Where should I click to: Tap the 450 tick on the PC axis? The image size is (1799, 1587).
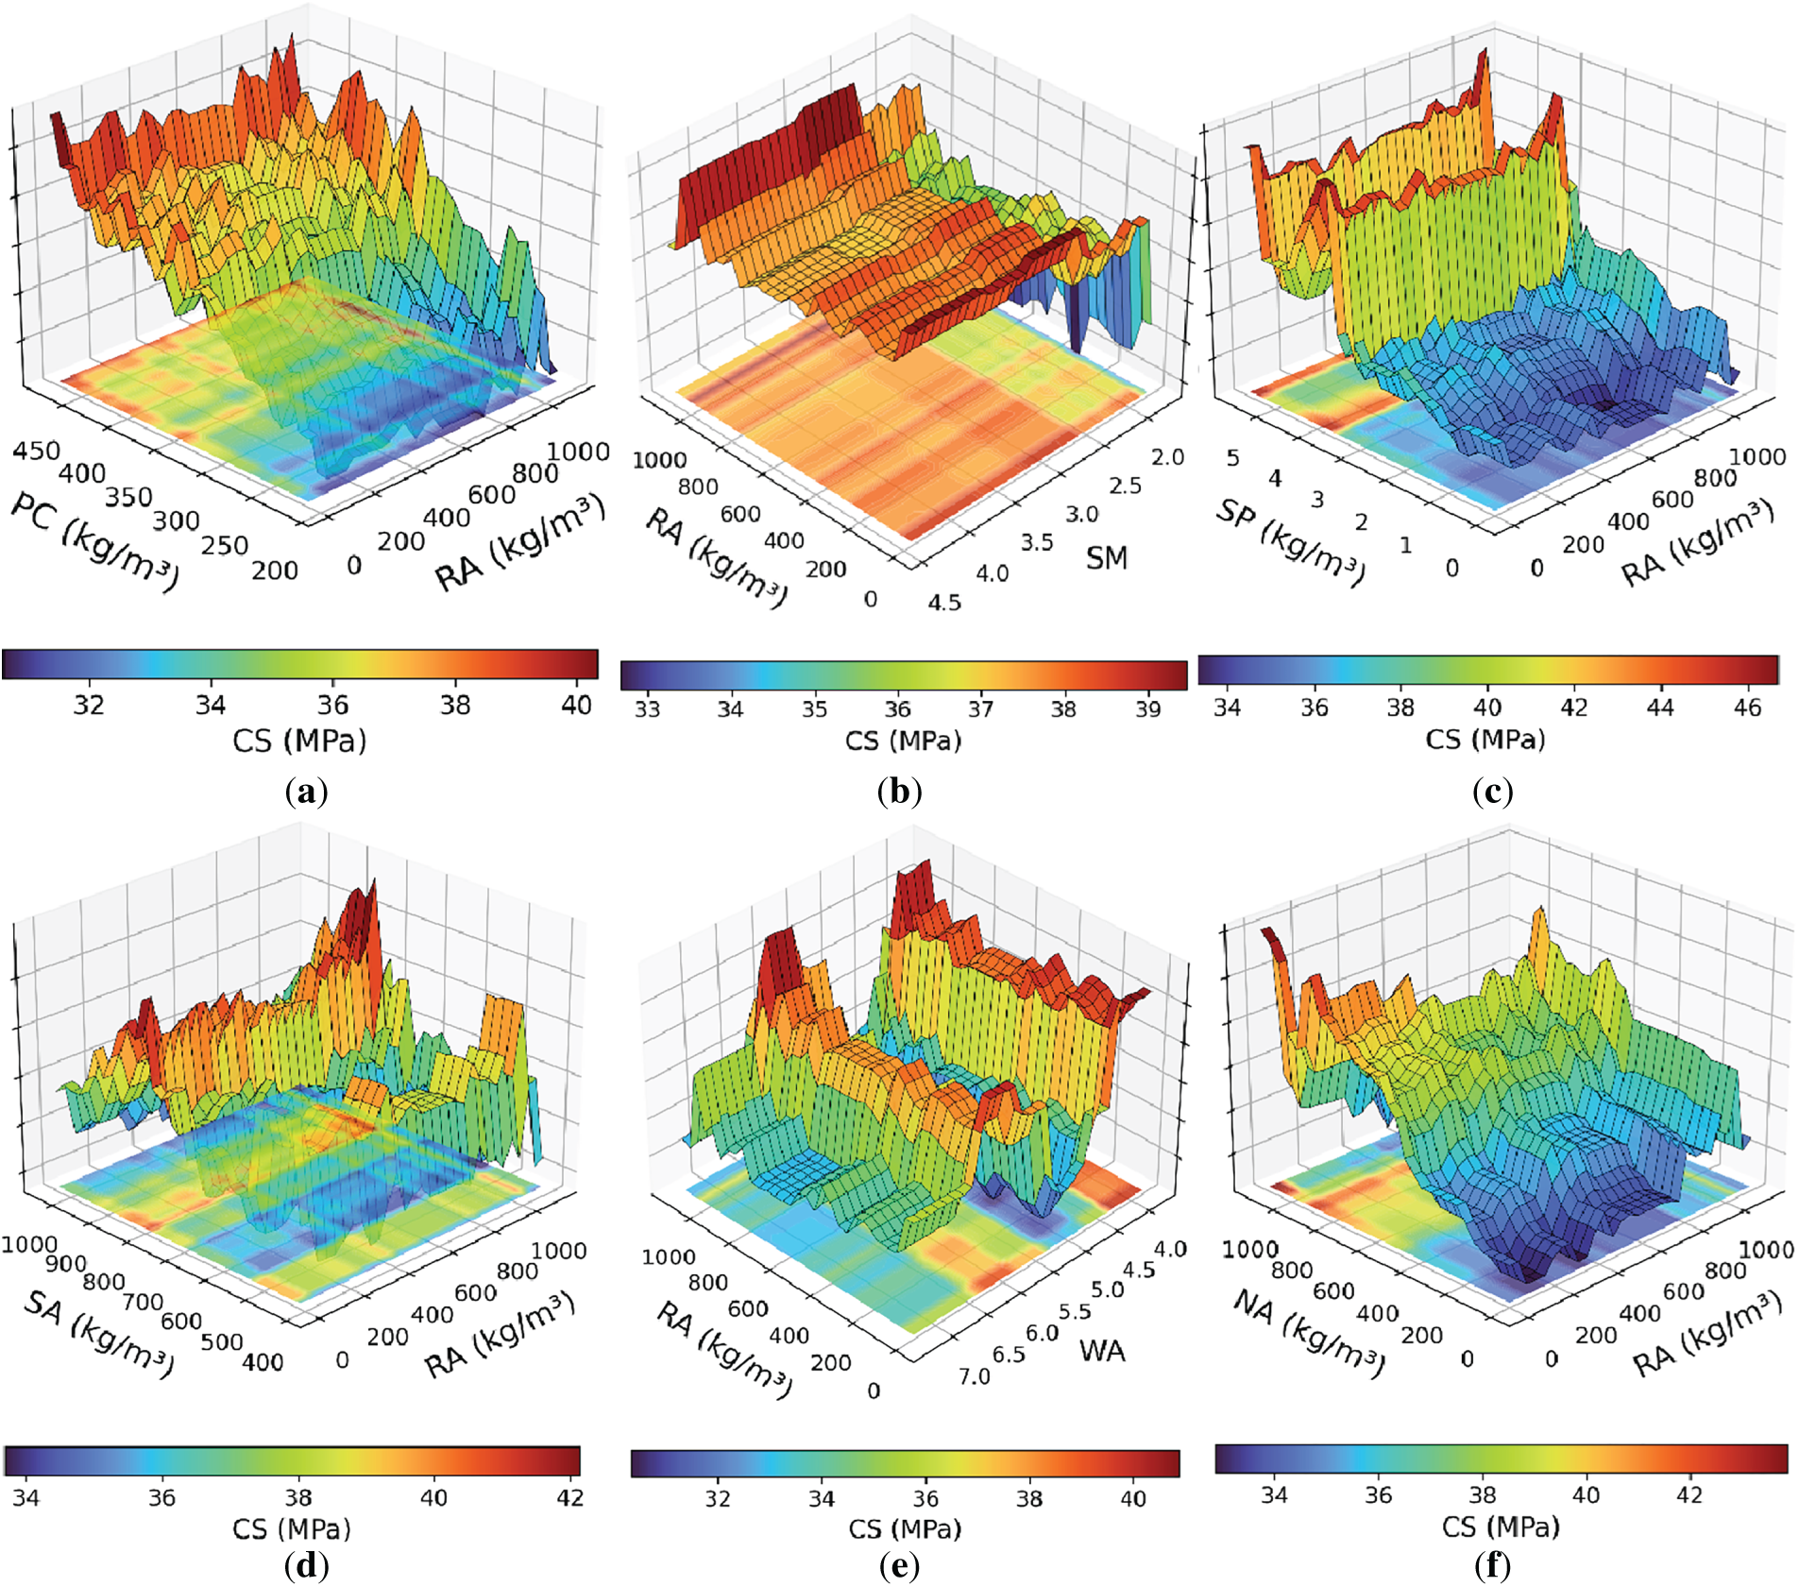(x=36, y=451)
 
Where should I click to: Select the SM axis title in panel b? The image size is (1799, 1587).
(x=1106, y=558)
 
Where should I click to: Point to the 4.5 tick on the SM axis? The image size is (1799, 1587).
(x=943, y=602)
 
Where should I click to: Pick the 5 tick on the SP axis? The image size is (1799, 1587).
(x=1232, y=458)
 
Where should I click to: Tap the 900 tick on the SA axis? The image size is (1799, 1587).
(x=65, y=1263)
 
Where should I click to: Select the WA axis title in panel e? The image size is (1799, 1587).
(x=1102, y=1351)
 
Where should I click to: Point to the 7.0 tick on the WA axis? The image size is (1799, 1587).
(x=974, y=1376)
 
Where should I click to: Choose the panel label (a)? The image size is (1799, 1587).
(x=306, y=791)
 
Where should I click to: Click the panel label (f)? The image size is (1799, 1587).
(x=1492, y=1565)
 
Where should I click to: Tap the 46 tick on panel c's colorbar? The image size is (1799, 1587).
(x=1747, y=707)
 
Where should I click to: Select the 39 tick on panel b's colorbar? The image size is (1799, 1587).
(x=1147, y=708)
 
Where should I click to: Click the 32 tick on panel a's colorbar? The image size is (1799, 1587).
(x=89, y=705)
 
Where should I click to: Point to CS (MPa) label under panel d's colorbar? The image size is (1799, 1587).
(x=291, y=1528)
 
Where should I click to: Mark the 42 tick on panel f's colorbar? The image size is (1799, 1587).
(x=1689, y=1494)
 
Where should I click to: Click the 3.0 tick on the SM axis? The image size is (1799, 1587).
(x=1081, y=515)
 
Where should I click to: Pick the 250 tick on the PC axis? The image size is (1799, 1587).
(x=225, y=545)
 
